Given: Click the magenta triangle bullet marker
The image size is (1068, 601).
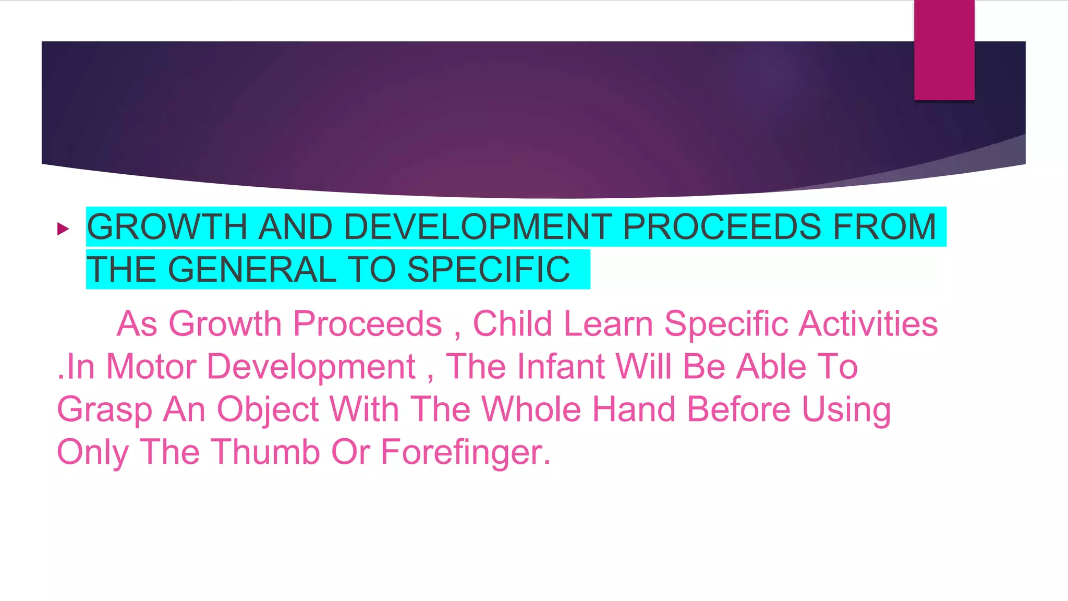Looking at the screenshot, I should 63,229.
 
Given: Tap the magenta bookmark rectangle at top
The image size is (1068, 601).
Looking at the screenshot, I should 944,50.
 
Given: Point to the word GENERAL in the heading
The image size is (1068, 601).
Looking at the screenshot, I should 252,270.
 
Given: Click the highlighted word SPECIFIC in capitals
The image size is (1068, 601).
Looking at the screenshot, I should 488,270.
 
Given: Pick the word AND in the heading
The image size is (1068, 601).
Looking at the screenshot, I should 296,227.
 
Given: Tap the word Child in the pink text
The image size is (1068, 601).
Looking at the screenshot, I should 512,324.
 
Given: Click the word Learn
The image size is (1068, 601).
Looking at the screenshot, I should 608,324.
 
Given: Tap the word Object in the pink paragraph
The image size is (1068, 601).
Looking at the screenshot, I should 268,410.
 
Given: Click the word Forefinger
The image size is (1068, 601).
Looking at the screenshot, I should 465,453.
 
